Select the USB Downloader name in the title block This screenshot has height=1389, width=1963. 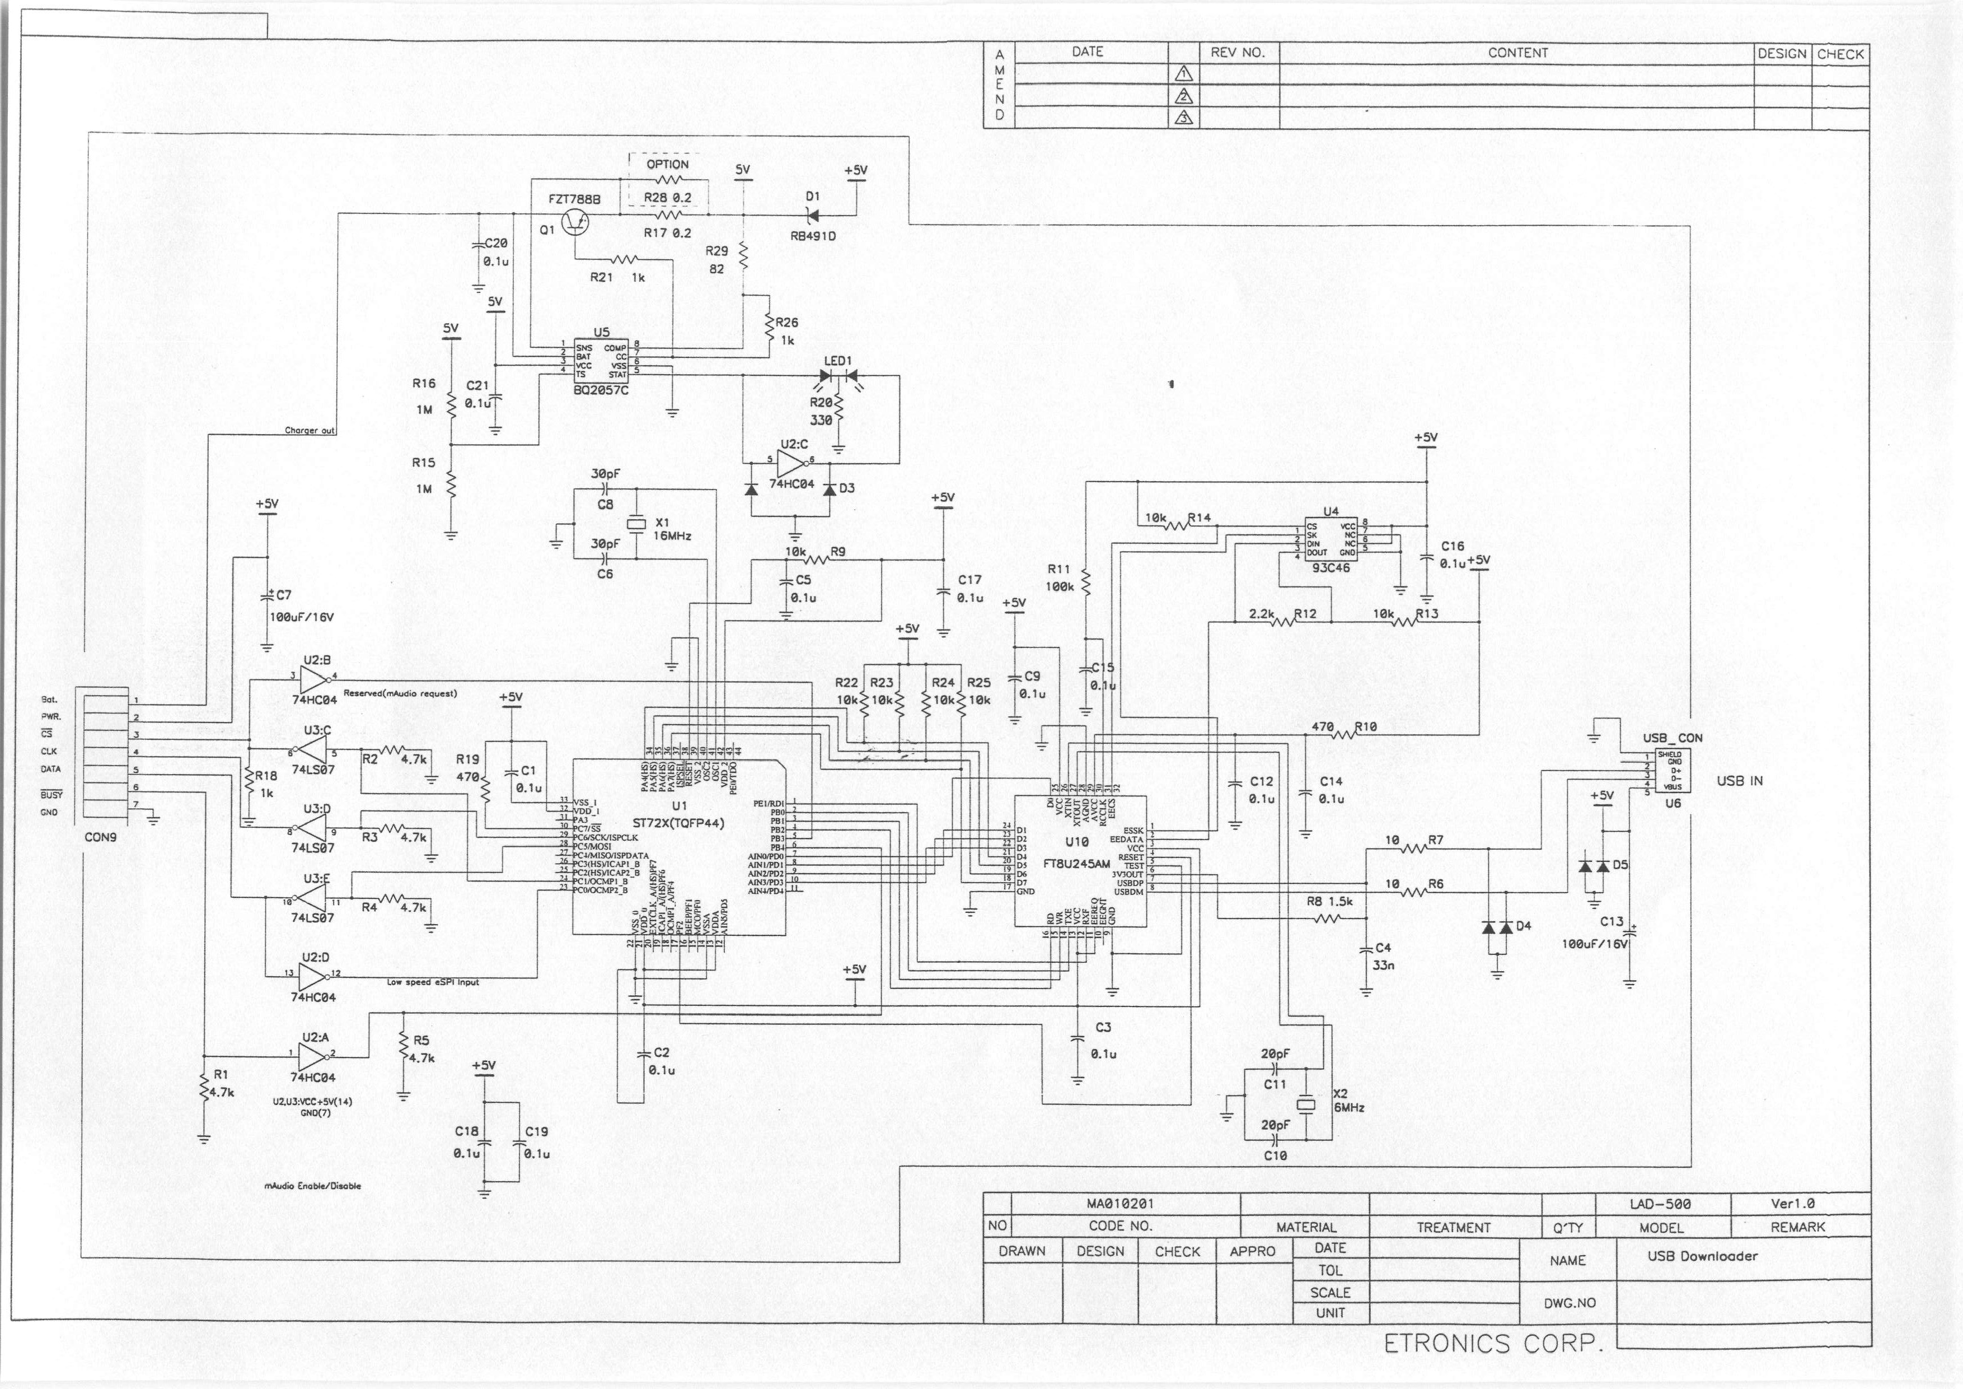[x=1702, y=1256]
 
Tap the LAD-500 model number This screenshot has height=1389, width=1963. [x=1660, y=1204]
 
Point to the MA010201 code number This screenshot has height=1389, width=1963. [x=1120, y=1204]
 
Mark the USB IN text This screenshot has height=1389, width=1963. [x=1739, y=781]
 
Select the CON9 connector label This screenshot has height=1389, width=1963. [x=101, y=837]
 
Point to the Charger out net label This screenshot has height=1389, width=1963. [x=310, y=431]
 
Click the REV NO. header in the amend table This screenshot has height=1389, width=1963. [x=1236, y=52]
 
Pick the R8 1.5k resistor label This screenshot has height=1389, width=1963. [x=1329, y=902]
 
